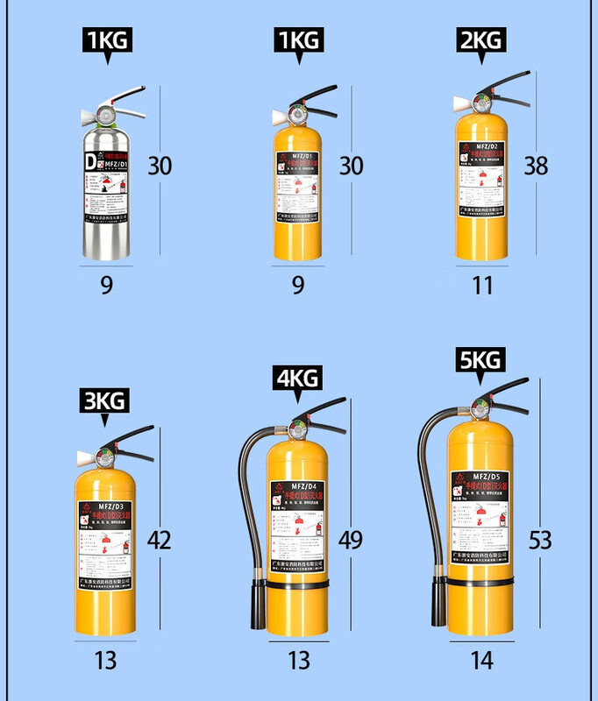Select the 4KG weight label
click(x=296, y=379)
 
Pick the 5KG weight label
click(x=481, y=359)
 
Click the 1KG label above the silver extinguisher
click(x=107, y=40)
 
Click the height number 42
click(x=160, y=540)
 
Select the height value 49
click(x=351, y=540)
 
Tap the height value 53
click(x=541, y=540)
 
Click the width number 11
click(x=481, y=285)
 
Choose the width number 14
click(x=481, y=660)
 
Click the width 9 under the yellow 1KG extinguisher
click(x=298, y=285)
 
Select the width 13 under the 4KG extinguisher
click(x=298, y=660)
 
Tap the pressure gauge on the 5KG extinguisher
click(x=480, y=408)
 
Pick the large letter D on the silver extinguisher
click(x=89, y=163)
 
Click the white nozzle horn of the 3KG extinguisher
click(x=85, y=457)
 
